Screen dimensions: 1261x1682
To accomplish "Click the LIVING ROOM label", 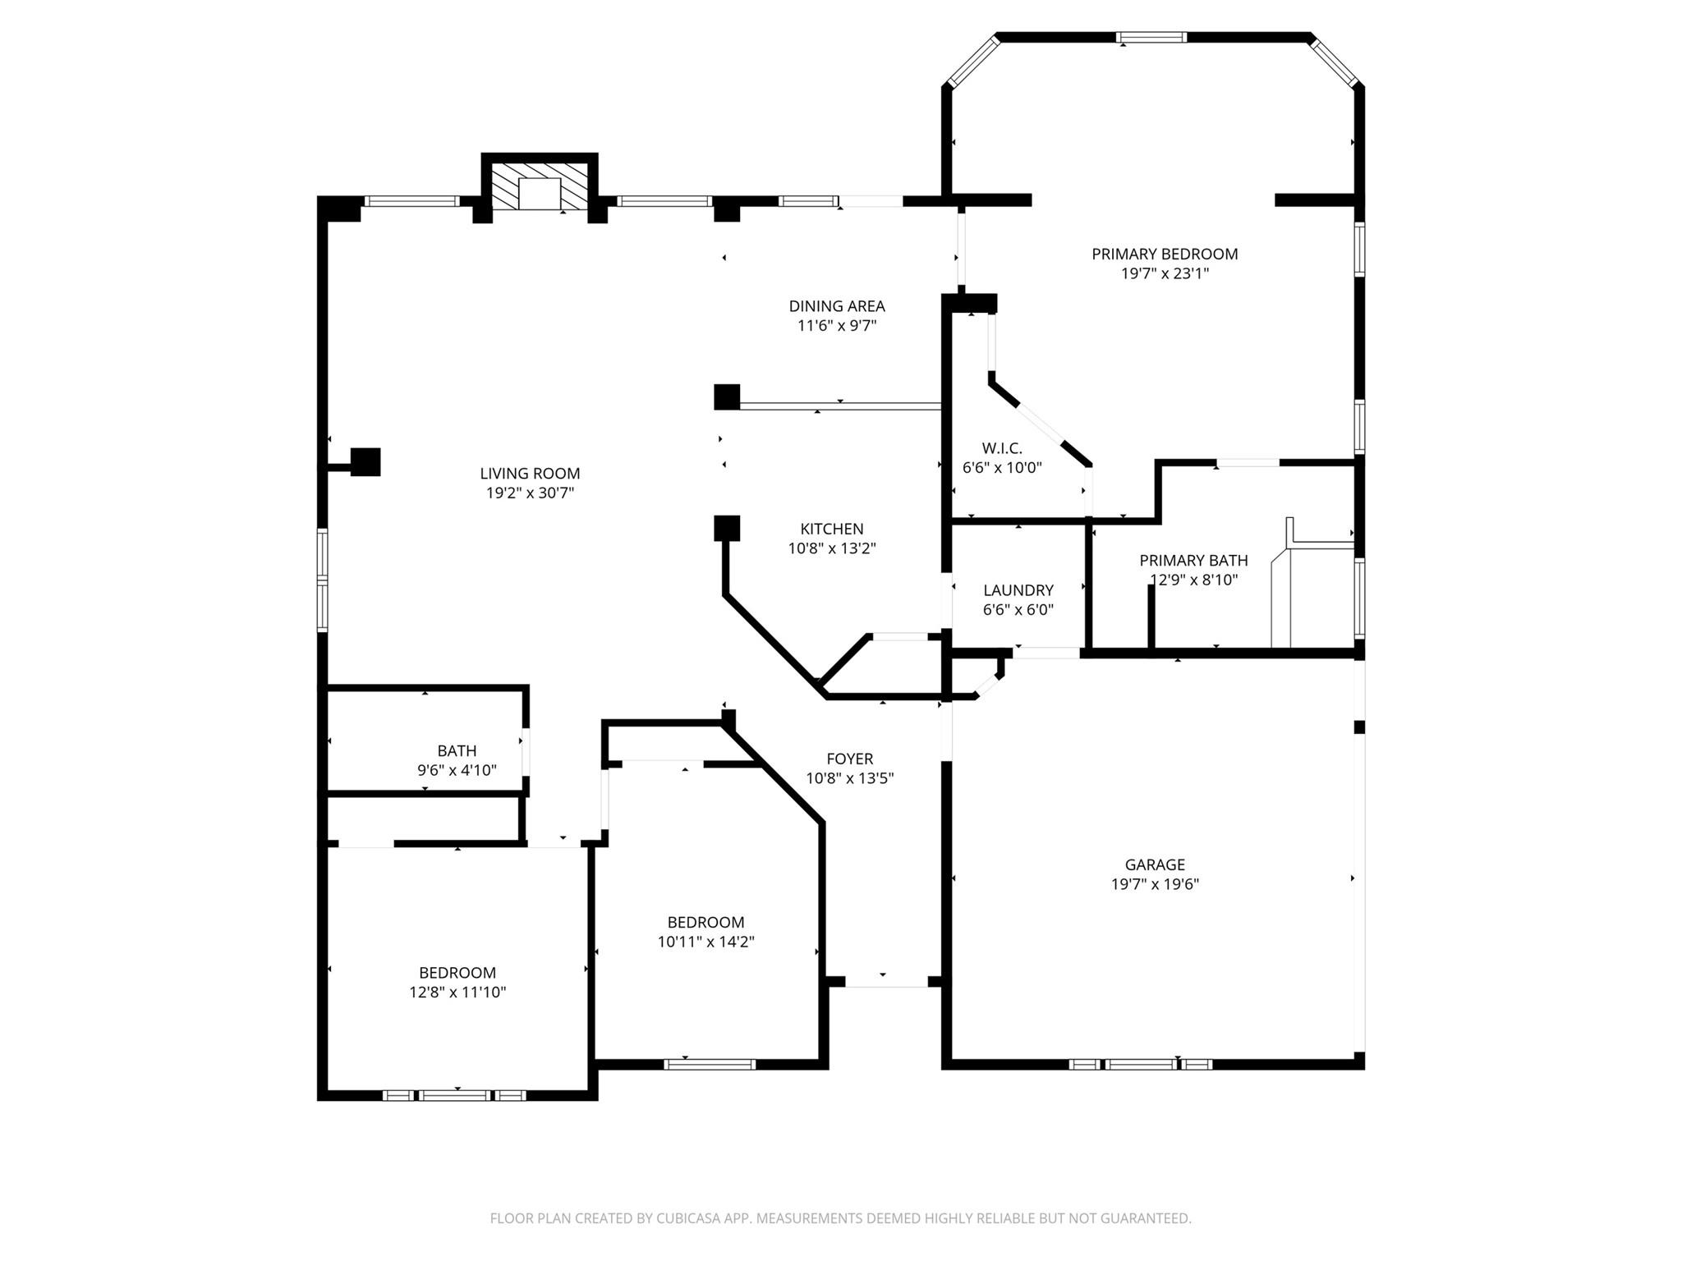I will tap(530, 474).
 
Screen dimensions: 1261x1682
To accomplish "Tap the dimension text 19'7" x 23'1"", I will tap(1165, 274).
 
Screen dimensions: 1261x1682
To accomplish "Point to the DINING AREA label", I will tap(837, 306).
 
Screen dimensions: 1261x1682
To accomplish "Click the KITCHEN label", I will tap(832, 530).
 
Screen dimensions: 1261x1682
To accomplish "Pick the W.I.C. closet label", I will tap(1002, 448).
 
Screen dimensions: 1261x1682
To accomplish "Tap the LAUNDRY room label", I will tap(1018, 590).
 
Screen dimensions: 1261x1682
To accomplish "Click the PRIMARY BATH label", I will tap(1193, 561).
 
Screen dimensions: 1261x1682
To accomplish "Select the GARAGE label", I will tap(1155, 864).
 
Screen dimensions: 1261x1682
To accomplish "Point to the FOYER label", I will tap(850, 759).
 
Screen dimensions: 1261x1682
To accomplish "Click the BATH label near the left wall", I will tap(457, 751).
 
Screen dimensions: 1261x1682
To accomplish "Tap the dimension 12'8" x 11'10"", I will tap(457, 993).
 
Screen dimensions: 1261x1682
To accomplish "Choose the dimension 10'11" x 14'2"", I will tap(705, 942).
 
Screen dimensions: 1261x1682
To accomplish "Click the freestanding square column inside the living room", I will tap(365, 461).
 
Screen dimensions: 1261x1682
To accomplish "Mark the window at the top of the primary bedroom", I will tap(1151, 37).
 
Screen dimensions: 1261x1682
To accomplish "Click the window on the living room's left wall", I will tap(323, 580).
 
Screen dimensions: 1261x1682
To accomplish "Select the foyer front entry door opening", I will tap(886, 982).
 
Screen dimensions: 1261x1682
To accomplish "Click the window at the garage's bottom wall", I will tap(1141, 1064).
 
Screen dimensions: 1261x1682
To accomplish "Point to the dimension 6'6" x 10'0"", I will tap(1002, 468).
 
